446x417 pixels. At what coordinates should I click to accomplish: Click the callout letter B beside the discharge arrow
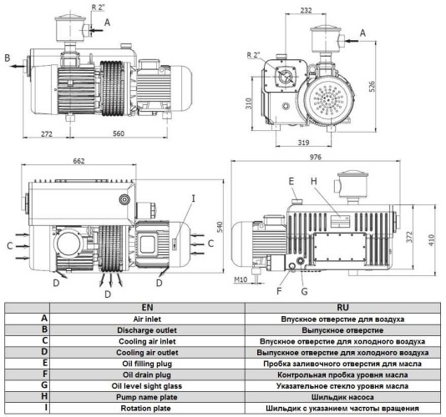tap(7, 58)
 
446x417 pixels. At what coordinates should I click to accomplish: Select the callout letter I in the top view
tap(193, 198)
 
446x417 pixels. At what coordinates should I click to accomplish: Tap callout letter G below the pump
tap(306, 291)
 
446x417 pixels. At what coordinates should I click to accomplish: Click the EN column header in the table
tap(145, 308)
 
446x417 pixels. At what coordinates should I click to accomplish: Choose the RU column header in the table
tap(344, 308)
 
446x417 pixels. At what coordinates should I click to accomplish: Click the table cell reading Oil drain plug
tap(145, 374)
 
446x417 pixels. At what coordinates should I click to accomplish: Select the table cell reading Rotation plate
tap(145, 409)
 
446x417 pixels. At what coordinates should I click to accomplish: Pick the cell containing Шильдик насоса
tap(344, 398)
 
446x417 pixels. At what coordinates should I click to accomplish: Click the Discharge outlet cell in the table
tap(145, 329)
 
